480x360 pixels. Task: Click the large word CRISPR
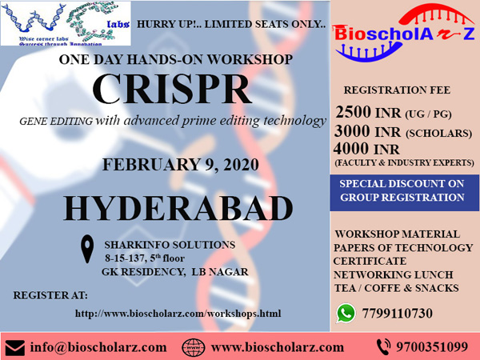(172, 90)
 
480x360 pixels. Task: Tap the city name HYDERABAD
(178, 209)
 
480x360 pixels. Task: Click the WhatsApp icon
(346, 313)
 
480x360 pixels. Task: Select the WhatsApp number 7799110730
(398, 314)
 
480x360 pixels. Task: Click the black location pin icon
(87, 249)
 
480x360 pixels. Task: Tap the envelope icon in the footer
(15, 348)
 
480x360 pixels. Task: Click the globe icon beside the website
(194, 348)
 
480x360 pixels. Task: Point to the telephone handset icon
(383, 347)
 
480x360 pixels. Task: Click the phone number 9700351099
(432, 347)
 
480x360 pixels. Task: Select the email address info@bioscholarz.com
(98, 347)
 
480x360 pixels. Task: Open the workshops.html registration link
(178, 314)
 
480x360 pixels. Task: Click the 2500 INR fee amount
(368, 112)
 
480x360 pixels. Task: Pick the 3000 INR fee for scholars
(367, 131)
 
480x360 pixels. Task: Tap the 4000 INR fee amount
(366, 149)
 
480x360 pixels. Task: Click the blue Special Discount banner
(404, 193)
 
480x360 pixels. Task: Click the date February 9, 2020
(181, 165)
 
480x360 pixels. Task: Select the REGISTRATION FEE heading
(397, 90)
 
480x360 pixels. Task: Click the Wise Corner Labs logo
(66, 23)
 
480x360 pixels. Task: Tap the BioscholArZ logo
(404, 33)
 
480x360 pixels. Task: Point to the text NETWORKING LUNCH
(393, 274)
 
